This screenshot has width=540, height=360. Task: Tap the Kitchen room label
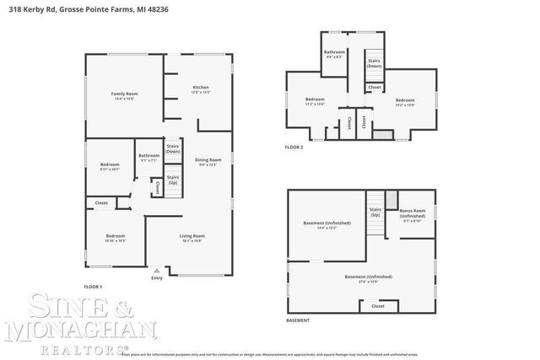[200, 88]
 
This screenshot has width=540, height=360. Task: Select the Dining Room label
[208, 159]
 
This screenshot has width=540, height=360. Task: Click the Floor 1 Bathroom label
[149, 155]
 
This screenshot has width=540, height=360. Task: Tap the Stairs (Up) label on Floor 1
[172, 180]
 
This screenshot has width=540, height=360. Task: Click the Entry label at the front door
[156, 278]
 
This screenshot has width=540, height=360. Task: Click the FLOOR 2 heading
[294, 147]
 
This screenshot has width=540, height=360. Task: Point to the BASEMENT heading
[297, 320]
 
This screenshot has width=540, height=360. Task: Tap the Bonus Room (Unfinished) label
[412, 212]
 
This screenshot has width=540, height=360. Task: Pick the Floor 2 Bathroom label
[334, 53]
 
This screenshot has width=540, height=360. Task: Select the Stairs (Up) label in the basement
[375, 211]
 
